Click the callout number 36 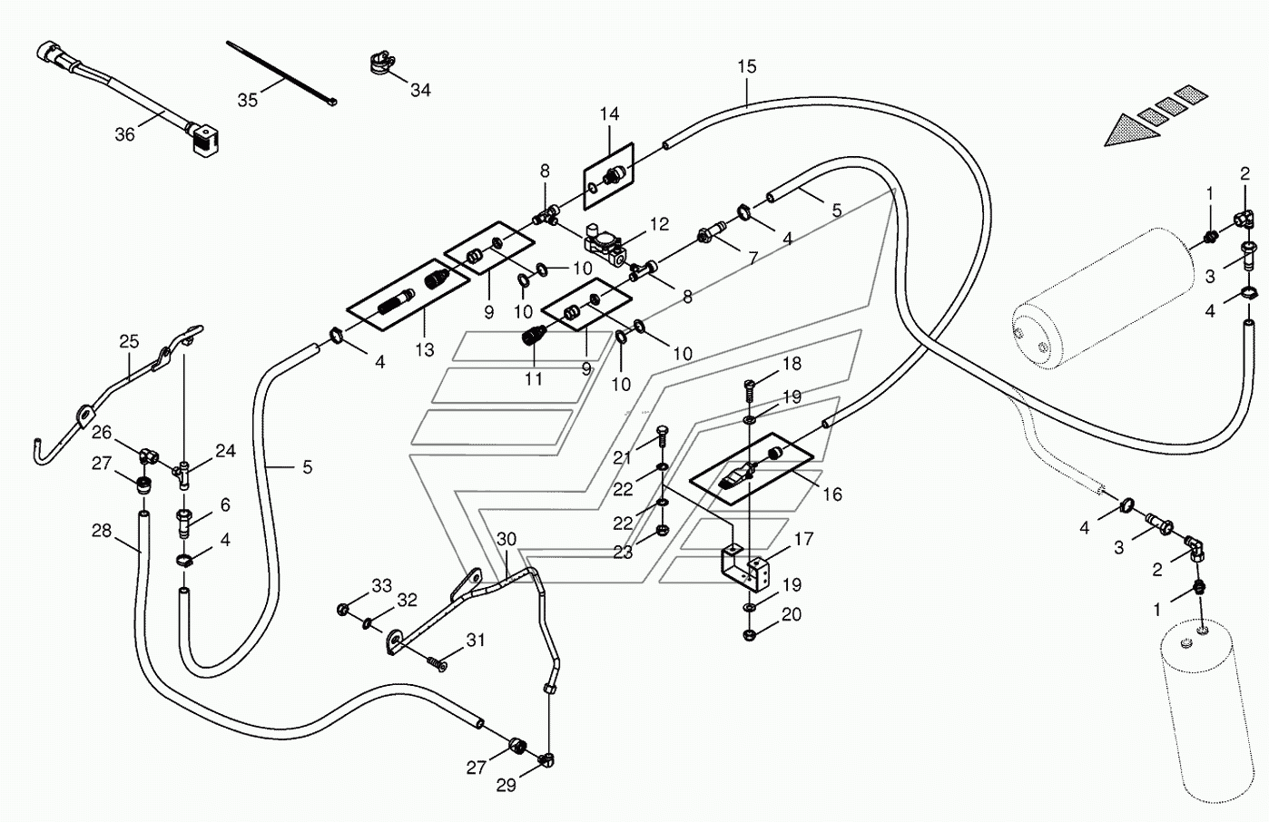[124, 135]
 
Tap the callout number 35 [248, 100]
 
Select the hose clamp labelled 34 [383, 63]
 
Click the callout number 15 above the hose [747, 67]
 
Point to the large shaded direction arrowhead [1131, 132]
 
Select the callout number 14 [610, 114]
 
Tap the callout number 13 [424, 350]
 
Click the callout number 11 [533, 378]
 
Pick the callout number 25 [129, 341]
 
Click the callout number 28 [102, 531]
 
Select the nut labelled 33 [342, 609]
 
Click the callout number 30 [507, 540]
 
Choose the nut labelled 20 [749, 635]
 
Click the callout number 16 [832, 494]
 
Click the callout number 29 [506, 786]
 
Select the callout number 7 [753, 259]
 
